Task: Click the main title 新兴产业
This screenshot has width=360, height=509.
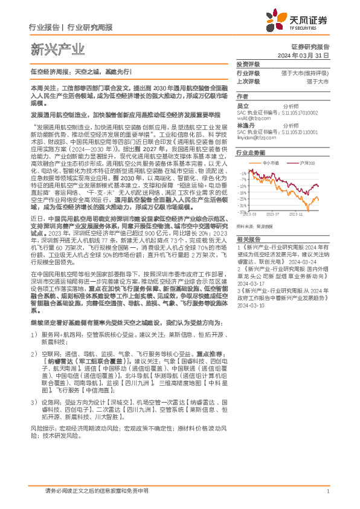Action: (x=57, y=50)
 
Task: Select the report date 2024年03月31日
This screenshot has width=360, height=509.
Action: (x=307, y=55)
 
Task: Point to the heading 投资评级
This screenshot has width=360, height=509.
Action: (x=248, y=64)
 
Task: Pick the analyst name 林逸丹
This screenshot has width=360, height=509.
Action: (x=245, y=125)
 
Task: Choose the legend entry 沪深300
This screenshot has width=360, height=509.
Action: (x=306, y=163)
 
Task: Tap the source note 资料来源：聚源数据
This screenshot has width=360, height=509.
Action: (x=254, y=225)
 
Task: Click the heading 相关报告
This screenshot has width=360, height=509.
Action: (x=248, y=240)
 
